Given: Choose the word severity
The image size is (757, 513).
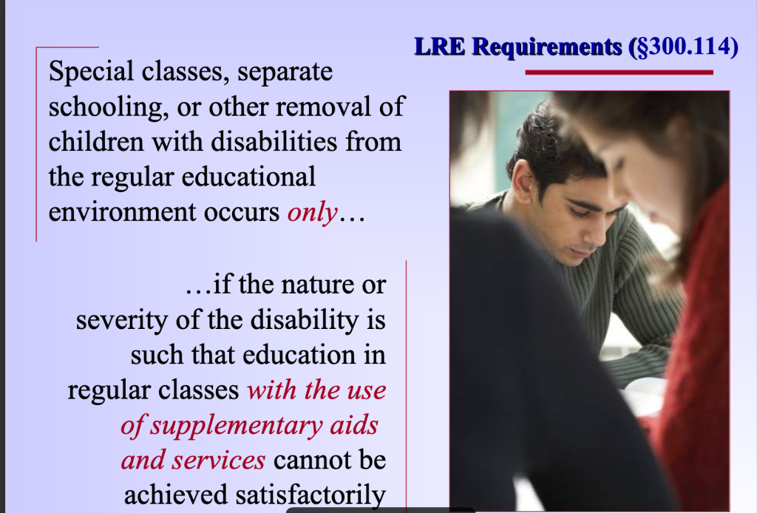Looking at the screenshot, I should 122,321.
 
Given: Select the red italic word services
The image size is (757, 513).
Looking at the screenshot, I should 219,461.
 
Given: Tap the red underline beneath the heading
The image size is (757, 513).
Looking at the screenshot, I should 619,72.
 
